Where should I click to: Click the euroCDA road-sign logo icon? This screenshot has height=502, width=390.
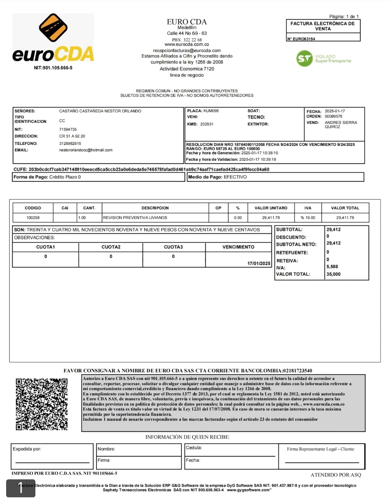coord(53,28)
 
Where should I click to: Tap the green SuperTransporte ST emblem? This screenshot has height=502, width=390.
coord(304,59)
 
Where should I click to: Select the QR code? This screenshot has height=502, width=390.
coord(42,404)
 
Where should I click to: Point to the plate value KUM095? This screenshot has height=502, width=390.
coord(211,111)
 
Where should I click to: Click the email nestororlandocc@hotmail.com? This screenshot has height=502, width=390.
coord(86,150)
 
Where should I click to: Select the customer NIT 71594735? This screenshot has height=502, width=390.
coord(68,129)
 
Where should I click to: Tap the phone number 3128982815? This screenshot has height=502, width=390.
coord(70,143)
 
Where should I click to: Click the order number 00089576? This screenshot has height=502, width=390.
coord(333,116)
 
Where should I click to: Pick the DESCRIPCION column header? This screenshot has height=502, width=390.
coord(155,208)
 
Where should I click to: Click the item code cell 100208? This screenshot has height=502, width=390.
coord(33,218)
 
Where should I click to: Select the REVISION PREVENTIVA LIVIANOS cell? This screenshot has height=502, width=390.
coord(135,218)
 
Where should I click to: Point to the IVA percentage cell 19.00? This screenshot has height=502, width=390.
coord(308,218)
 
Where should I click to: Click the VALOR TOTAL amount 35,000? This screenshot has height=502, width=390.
coord(333,274)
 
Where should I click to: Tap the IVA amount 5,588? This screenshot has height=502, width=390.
coord(332,267)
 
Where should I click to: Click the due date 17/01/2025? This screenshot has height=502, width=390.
coord(259,263)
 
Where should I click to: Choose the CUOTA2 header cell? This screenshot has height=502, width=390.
coord(111,247)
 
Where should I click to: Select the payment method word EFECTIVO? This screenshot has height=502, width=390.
coord(235,177)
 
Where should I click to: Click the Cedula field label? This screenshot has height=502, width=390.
coord(194,448)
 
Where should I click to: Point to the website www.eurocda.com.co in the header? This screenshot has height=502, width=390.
coord(187,44)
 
